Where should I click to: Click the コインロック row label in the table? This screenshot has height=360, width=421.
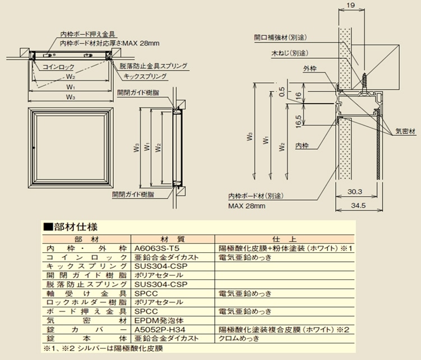pos(87,256)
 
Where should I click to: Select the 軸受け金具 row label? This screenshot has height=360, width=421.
pos(87,293)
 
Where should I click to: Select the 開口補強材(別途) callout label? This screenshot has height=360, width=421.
pos(278,38)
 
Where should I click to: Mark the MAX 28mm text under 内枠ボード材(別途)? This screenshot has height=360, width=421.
pos(247,206)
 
